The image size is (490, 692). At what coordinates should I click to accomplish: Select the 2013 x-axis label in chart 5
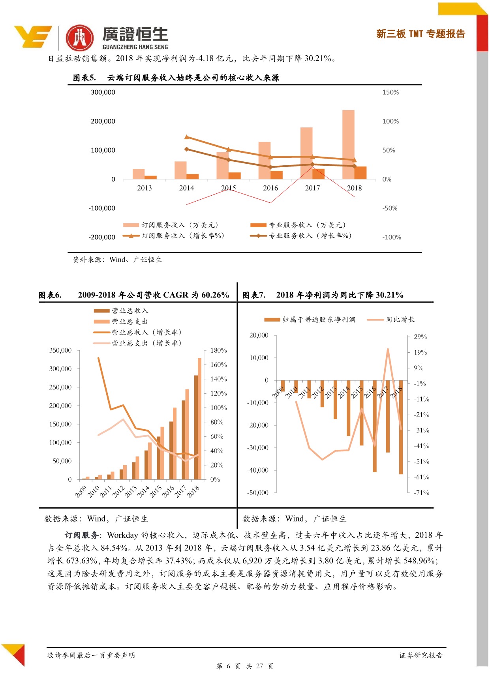click(x=145, y=188)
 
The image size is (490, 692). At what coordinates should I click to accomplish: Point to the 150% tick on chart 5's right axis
click(x=390, y=92)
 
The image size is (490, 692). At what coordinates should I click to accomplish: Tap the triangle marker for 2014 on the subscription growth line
click(x=187, y=137)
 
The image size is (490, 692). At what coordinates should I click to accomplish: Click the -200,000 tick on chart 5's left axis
click(x=102, y=237)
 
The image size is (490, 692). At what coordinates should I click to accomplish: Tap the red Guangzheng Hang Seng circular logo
click(x=80, y=38)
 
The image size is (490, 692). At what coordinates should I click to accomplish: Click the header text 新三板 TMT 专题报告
click(x=421, y=34)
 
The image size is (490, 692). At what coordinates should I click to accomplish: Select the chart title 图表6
click(x=50, y=295)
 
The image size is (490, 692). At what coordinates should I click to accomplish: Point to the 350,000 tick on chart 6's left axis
click(x=60, y=350)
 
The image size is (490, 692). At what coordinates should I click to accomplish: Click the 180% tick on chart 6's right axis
click(x=218, y=350)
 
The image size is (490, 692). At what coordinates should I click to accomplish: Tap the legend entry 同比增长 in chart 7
click(x=400, y=320)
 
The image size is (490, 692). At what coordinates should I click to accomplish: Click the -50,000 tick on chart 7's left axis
click(x=258, y=493)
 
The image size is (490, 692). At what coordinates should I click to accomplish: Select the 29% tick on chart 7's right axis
click(x=420, y=337)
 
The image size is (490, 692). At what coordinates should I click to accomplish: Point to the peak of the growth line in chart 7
click(x=388, y=349)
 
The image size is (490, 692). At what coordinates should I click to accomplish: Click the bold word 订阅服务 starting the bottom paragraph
click(x=82, y=535)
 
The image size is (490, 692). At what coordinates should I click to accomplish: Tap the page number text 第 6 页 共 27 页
click(x=245, y=666)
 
